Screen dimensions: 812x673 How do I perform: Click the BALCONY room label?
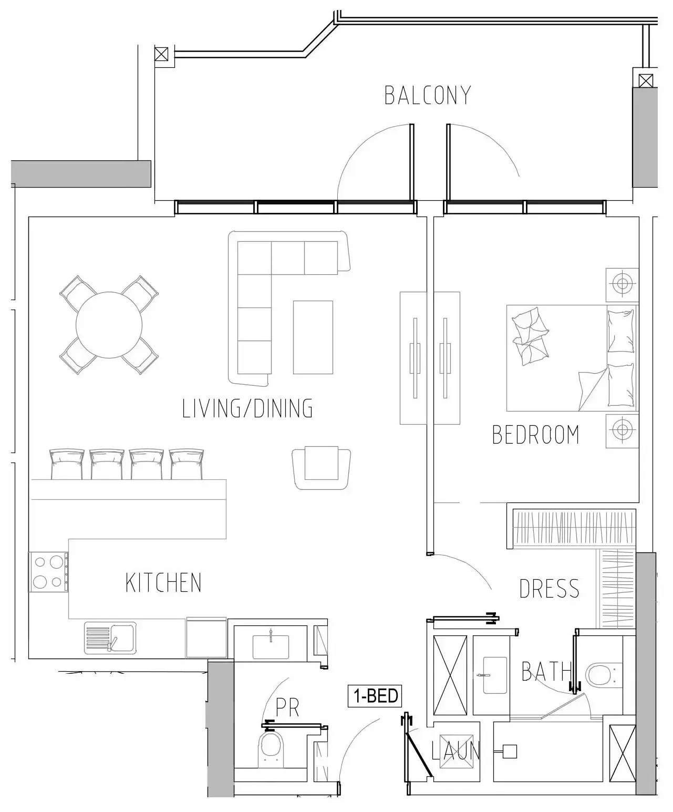[427, 95]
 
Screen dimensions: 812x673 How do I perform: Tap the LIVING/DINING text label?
[247, 408]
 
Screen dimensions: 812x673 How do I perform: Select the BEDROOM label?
[535, 435]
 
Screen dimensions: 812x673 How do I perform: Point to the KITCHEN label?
[163, 583]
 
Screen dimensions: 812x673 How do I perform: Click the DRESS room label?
[549, 589]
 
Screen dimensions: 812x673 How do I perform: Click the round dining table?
[109, 325]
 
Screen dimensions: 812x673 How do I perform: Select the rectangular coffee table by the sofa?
[313, 337]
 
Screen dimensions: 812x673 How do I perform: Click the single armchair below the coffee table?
[321, 466]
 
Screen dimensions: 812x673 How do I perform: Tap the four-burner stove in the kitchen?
[48, 572]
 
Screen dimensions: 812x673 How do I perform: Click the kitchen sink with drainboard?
[110, 638]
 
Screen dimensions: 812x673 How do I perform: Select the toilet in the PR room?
[271, 746]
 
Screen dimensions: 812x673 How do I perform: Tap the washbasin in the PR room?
[271, 646]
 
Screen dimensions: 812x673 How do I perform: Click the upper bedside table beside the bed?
[623, 284]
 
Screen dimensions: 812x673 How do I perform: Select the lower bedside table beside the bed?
[623, 430]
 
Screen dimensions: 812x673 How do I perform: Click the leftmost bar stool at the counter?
[67, 464]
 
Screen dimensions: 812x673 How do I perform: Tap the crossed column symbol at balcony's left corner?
[162, 54]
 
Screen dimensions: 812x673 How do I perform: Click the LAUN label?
[455, 751]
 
